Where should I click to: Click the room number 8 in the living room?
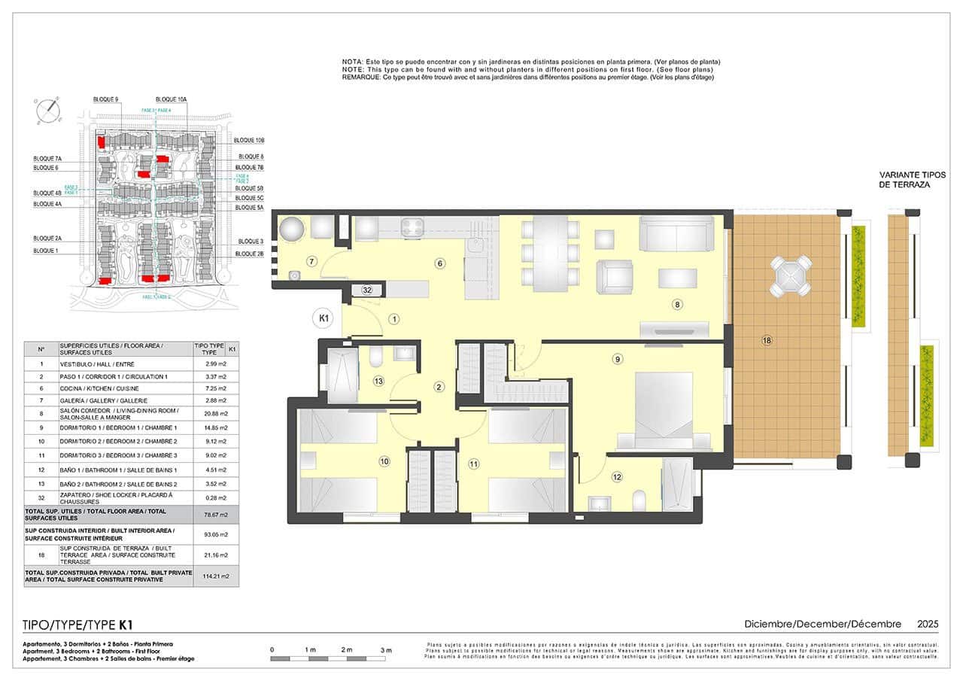pyautogui.click(x=677, y=305)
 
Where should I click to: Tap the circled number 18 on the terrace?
pyautogui.click(x=767, y=341)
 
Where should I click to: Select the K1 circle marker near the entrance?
pyautogui.click(x=323, y=319)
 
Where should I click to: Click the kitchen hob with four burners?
pyautogui.click(x=413, y=227)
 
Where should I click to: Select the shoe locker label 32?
pyautogui.click(x=367, y=290)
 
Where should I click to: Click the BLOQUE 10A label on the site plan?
pyautogui.click(x=171, y=99)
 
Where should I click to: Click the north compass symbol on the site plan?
pyautogui.click(x=47, y=110)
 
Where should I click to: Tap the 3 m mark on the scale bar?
pyautogui.click(x=386, y=649)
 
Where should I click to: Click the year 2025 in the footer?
pyautogui.click(x=927, y=624)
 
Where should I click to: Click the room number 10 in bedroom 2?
pyautogui.click(x=384, y=461)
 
